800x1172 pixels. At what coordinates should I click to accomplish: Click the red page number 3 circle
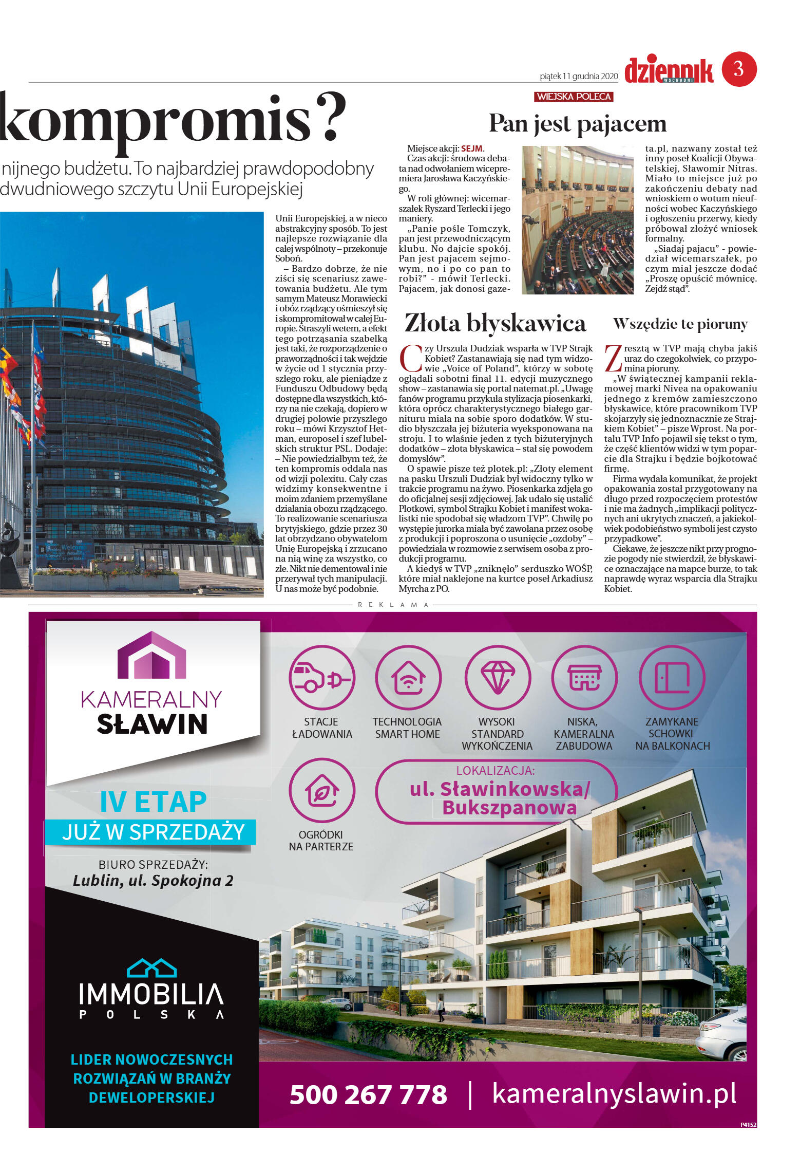point(739,69)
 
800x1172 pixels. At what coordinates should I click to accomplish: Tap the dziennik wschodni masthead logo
point(668,71)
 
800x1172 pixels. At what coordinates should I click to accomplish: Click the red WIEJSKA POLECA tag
point(574,97)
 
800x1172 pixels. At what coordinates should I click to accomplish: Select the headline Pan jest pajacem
point(578,124)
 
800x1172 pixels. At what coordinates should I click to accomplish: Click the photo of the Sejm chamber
point(578,220)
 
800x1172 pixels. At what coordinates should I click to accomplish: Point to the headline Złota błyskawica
point(495,323)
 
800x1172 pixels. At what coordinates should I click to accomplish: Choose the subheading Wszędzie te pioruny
point(680,324)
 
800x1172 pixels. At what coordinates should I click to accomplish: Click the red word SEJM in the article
point(471,148)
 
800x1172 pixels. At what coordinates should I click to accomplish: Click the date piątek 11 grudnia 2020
point(579,76)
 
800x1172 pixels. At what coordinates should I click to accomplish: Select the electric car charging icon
point(322,678)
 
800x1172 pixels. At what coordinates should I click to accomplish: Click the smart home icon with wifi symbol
point(408,678)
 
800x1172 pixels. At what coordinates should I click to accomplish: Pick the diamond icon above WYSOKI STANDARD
point(497,678)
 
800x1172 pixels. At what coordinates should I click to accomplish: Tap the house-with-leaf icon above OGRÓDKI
point(322,792)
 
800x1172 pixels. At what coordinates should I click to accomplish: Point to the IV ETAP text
point(153,802)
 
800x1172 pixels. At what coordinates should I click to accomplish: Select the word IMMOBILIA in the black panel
point(151,994)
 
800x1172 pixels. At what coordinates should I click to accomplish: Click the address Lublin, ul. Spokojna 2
point(153,881)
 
